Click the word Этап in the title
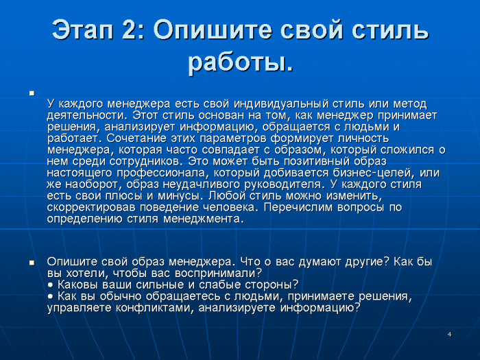coord(83,30)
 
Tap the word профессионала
coord(161,173)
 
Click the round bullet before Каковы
coord(51,285)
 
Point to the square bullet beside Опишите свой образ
coord(32,263)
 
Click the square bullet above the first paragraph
coord(32,93)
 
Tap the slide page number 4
coord(449,335)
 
